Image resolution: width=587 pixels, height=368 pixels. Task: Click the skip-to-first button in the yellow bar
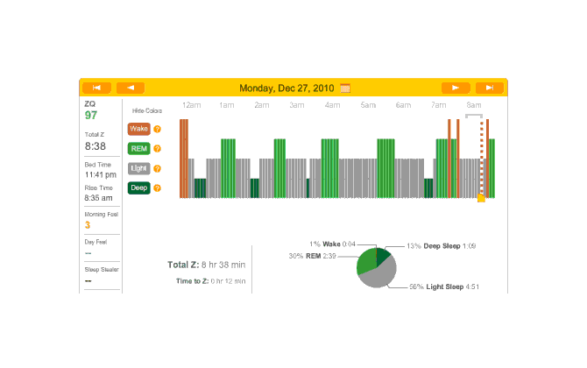[96, 88]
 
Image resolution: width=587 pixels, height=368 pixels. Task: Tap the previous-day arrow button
[130, 88]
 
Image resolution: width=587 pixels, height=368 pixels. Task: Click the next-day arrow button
[456, 88]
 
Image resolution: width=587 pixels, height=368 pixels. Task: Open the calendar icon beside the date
[345, 88]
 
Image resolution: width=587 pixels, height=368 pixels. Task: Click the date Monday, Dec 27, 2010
[287, 88]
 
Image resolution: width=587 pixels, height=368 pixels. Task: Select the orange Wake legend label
[138, 129]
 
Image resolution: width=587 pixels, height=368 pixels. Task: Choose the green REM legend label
[138, 149]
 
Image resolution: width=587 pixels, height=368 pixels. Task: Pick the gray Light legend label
[138, 168]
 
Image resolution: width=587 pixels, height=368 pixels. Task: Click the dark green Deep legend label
[138, 188]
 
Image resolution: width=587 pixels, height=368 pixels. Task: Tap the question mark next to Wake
[158, 129]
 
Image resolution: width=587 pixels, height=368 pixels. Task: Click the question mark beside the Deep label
[158, 188]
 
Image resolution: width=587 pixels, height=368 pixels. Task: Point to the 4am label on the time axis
[332, 105]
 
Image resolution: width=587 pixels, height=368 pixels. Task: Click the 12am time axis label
[191, 105]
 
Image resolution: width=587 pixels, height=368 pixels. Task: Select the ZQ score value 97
[91, 116]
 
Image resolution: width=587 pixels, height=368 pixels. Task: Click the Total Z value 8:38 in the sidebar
[95, 146]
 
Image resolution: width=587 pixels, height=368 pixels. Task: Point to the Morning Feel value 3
[88, 225]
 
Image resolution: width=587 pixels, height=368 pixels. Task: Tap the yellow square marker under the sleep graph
[481, 199]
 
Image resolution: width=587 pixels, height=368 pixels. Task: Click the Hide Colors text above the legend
[146, 111]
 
